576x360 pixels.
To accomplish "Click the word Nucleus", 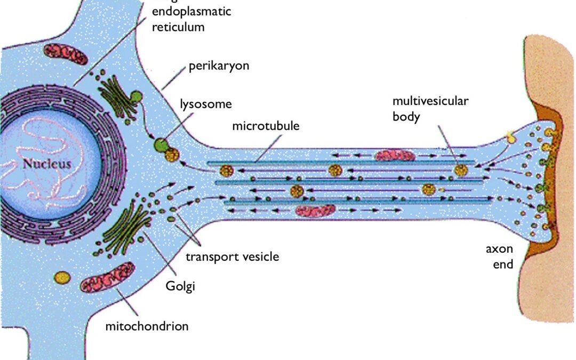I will coord(47,164).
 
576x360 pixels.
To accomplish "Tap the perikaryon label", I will coord(219,67).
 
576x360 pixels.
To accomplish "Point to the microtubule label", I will coord(266,126).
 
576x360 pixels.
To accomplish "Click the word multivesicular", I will coord(430,100).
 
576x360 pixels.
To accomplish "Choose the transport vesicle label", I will coord(232,257).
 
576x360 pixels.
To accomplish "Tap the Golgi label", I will coord(180,286).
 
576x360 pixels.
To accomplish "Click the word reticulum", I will coord(178,27).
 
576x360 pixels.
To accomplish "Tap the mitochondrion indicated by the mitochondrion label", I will coord(107,278).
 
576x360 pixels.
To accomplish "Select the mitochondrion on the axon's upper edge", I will coord(395,155).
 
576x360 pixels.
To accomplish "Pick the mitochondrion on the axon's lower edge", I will coord(315,211).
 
